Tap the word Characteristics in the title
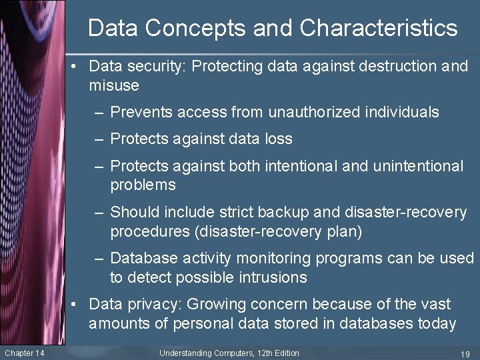coord(378,29)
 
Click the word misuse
coord(113,85)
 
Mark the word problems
coord(143,185)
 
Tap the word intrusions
coord(274,277)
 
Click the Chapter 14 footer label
coord(24,353)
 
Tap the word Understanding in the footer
coord(185,353)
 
